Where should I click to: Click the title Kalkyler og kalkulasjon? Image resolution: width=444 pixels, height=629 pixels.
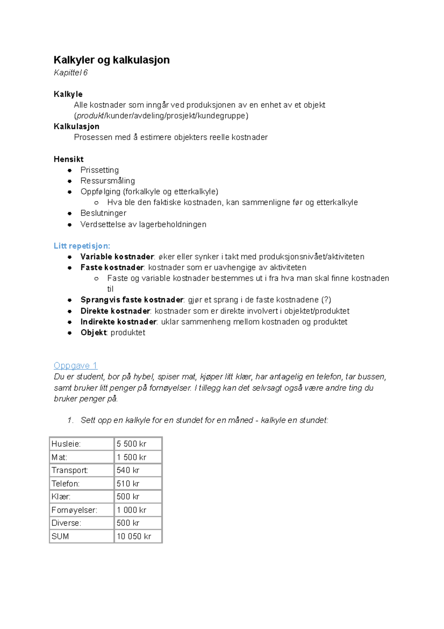pos(111,60)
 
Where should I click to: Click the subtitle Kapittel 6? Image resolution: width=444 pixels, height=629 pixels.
pos(71,73)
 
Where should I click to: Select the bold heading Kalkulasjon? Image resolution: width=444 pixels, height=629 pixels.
pos(76,126)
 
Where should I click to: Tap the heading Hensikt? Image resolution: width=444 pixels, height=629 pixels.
pos(68,159)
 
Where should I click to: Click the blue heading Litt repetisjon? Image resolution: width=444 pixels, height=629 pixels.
pos(82,246)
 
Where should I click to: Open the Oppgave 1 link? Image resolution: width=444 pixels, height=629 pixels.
pos(75,366)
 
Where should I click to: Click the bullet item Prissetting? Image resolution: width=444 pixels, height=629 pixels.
pos(100,170)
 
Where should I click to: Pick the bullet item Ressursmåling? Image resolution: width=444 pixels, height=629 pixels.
pos(108,181)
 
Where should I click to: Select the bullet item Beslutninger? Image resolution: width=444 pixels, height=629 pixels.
pos(103,213)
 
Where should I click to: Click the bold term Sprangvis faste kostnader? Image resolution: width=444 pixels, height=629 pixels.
pos(132,300)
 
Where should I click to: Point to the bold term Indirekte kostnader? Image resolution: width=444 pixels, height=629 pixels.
pos(118,322)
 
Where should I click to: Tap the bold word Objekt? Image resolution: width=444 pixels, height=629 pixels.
pos(93,332)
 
